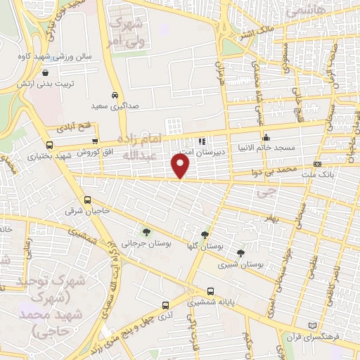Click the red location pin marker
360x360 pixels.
point(181,165)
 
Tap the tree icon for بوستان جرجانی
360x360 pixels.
point(146,231)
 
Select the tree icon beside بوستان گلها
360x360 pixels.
point(205,236)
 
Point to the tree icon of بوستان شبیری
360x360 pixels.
point(241,253)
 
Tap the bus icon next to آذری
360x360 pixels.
point(165,305)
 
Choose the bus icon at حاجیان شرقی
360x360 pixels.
point(87,199)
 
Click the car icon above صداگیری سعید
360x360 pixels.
point(115,95)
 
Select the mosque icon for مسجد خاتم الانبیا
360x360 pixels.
point(266,138)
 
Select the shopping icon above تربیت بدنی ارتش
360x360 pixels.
point(46,72)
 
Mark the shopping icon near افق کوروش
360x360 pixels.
point(95,141)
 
